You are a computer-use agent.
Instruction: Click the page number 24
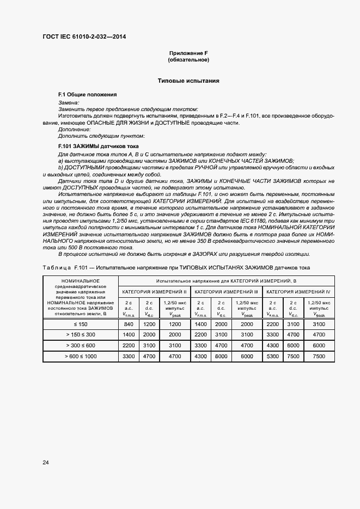pos(45,462)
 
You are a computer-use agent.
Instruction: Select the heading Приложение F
pos(188,53)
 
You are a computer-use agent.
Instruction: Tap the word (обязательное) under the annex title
pos(188,59)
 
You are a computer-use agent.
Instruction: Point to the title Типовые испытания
pos(188,81)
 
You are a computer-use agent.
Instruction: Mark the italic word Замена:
pos(69,102)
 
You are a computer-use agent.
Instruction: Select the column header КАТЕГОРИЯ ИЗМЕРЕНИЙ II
pos(154,292)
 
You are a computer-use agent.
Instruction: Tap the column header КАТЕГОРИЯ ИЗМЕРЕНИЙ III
pos(226,292)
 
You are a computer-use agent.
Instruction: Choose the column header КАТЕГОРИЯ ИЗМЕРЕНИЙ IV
pos(298,292)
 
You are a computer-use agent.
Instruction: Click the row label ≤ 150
pos(81,324)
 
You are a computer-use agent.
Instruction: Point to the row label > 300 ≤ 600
pos(81,345)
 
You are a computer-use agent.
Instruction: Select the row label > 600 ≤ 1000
pos(81,356)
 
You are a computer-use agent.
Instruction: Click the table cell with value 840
pos(129,324)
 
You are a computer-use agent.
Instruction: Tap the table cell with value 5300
pos(272,356)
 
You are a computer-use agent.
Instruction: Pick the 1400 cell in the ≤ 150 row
pos(200,324)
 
